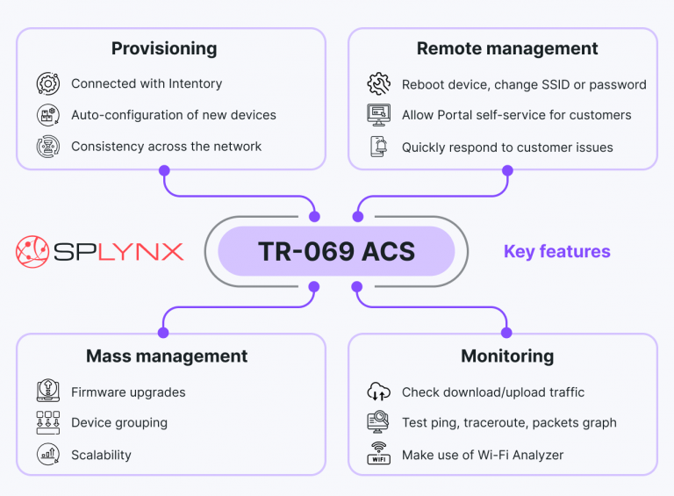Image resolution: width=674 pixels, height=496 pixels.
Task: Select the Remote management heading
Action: [x=506, y=48]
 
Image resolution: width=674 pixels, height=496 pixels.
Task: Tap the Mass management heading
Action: [x=167, y=356]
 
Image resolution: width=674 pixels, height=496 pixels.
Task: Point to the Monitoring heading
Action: [x=507, y=356]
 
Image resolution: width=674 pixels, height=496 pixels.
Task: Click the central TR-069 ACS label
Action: [x=336, y=252]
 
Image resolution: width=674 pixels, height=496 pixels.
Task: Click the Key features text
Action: [x=556, y=252]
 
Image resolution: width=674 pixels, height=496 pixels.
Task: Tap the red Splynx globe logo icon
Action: [x=32, y=251]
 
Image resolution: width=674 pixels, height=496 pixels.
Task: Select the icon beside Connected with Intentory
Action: [x=47, y=84]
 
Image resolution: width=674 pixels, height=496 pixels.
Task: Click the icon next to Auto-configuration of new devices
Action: [x=47, y=115]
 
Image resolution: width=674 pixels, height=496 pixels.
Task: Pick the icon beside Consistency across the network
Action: [x=47, y=147]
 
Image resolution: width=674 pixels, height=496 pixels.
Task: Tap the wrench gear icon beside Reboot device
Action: [x=378, y=84]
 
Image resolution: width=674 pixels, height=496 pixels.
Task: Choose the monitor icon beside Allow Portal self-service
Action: [x=378, y=115]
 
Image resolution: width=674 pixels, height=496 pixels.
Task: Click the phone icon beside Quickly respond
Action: [x=378, y=147]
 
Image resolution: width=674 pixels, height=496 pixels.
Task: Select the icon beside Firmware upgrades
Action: [x=47, y=392]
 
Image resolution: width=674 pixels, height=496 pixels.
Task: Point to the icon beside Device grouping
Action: [x=47, y=422]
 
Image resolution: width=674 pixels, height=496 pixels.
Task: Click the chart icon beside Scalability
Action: [x=47, y=454]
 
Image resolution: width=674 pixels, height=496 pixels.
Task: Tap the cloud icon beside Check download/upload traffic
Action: [x=378, y=392]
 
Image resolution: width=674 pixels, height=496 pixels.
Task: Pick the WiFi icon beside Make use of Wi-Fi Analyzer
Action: [x=378, y=454]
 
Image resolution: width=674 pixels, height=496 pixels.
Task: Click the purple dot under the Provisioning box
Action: [x=164, y=170]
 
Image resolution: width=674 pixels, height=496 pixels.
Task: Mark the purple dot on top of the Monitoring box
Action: [x=506, y=333]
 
